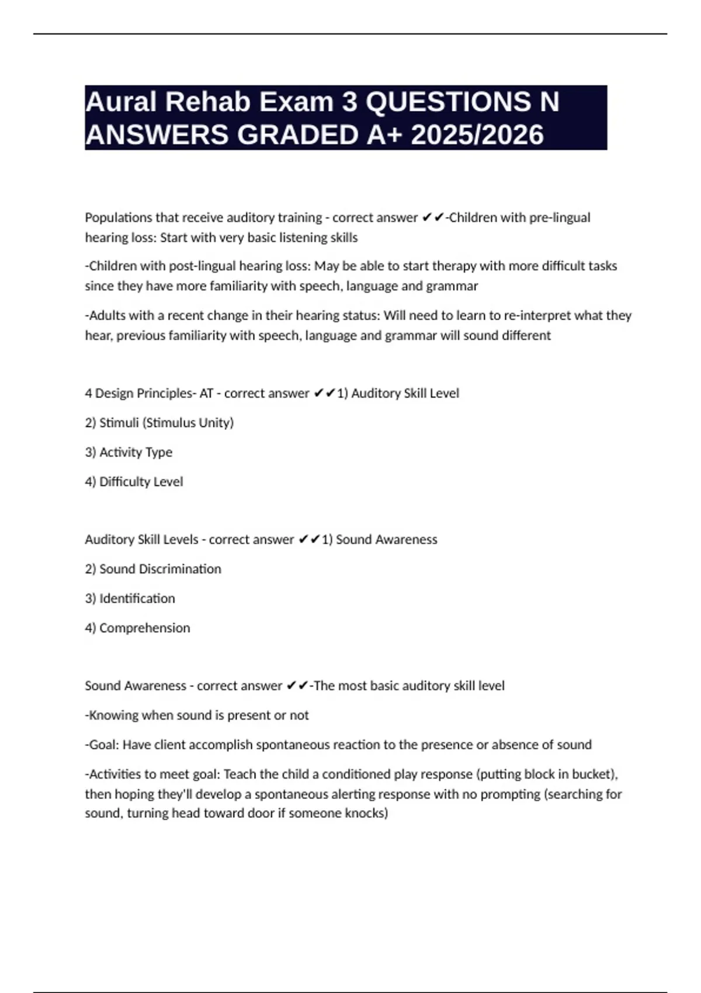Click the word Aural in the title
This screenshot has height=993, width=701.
(121, 102)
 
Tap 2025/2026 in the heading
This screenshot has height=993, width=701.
(477, 135)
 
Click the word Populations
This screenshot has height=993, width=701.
(119, 218)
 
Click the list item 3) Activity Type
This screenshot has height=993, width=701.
(129, 452)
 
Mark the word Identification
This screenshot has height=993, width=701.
(137, 599)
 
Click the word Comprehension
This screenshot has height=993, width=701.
(144, 628)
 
